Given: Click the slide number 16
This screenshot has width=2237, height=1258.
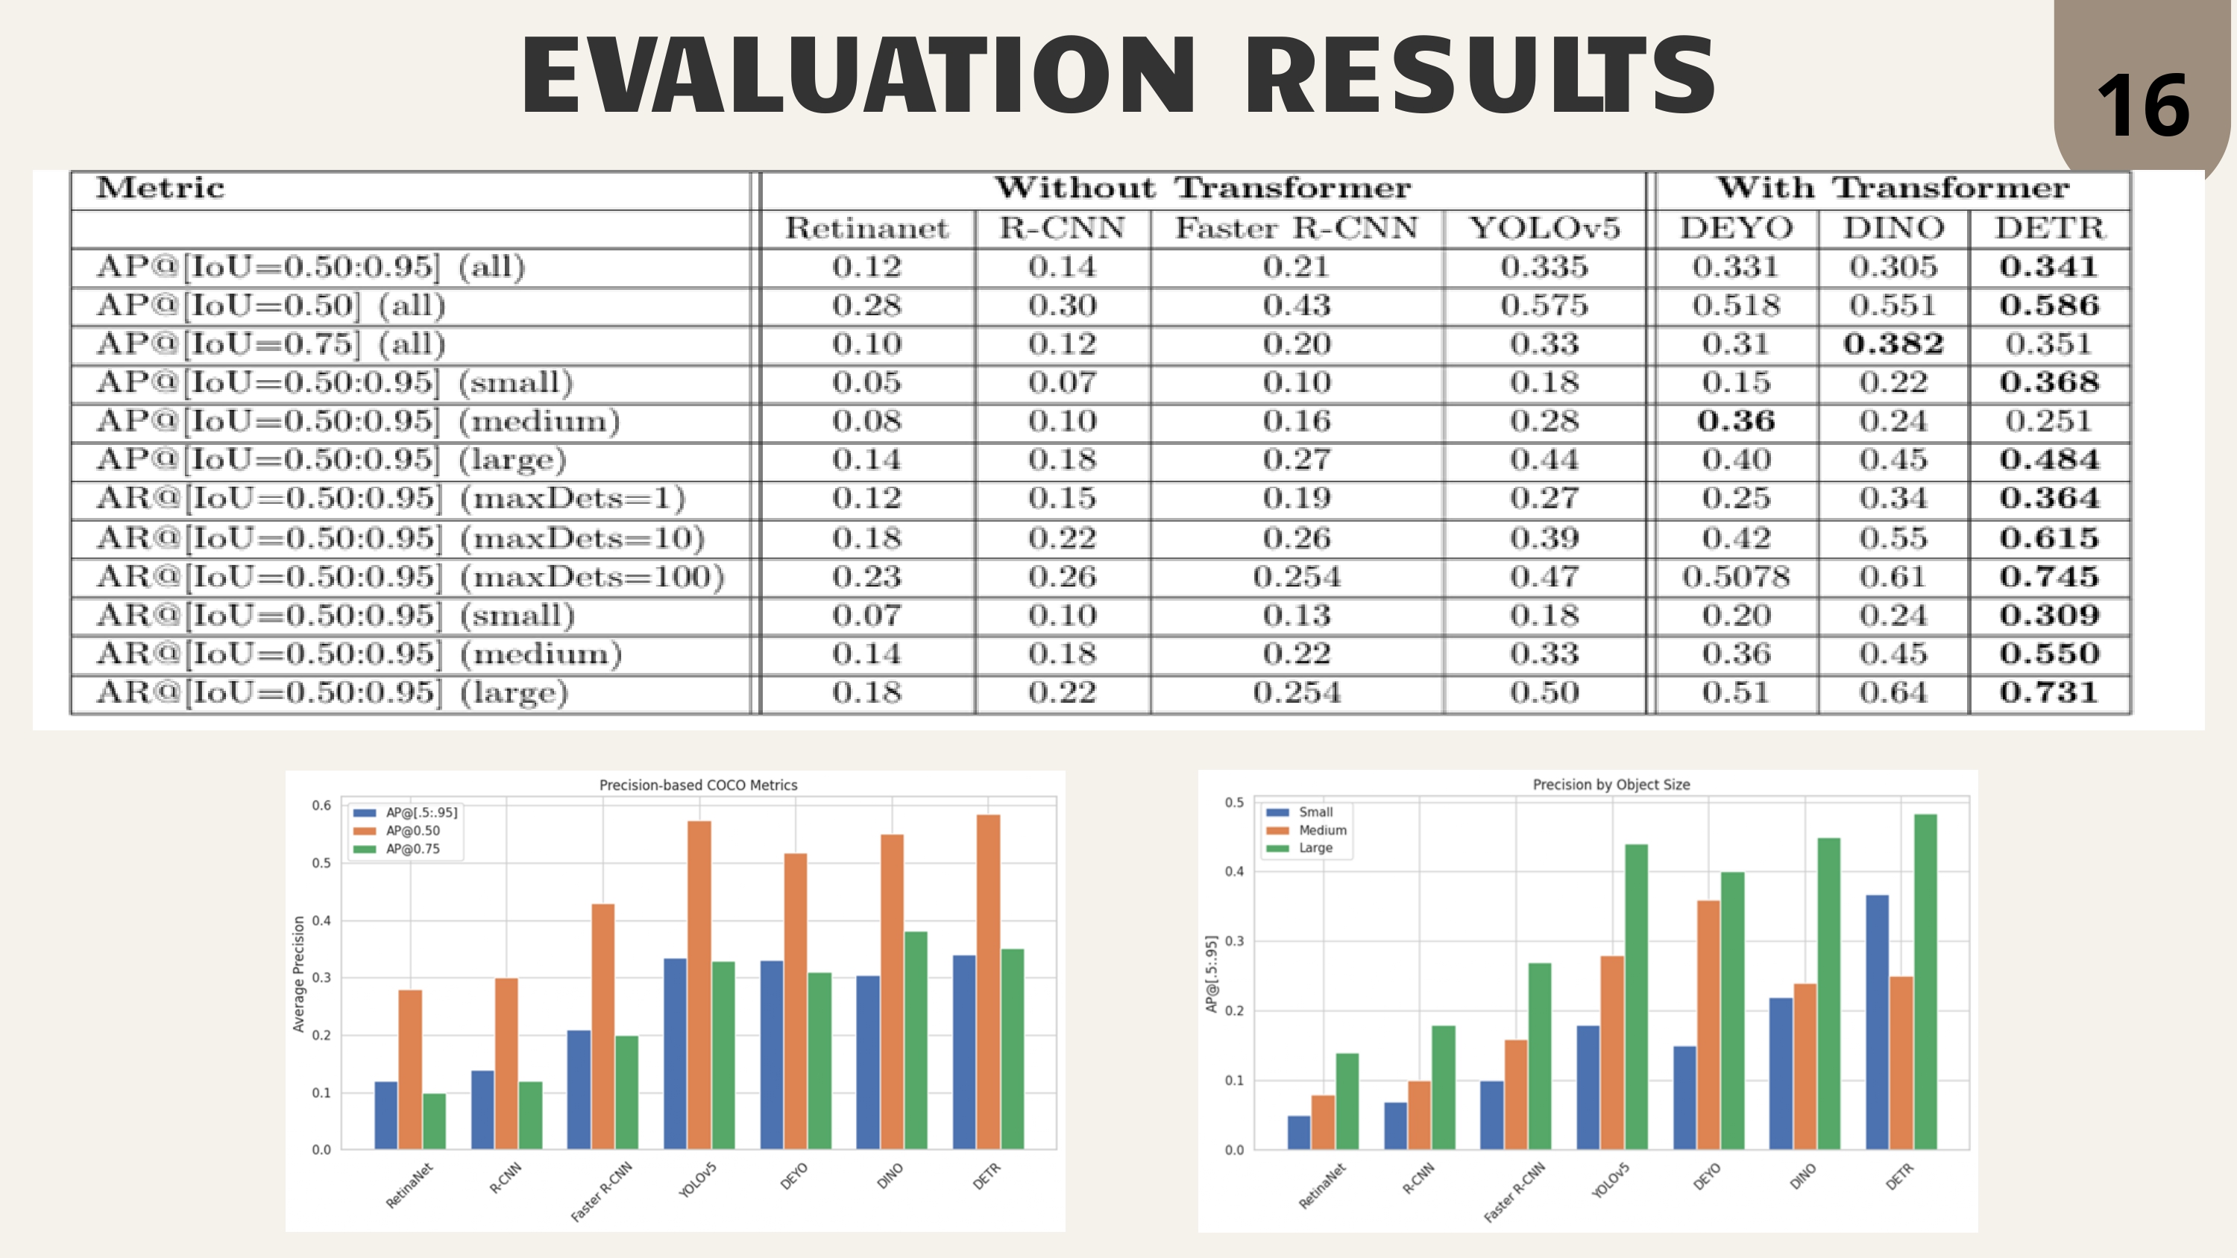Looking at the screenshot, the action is (2143, 106).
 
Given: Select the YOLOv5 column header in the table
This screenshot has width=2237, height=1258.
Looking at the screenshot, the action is (1544, 228).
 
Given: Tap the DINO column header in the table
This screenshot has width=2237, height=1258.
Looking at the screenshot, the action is (1893, 228).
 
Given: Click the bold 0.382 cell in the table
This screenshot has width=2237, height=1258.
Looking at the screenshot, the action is (1893, 344).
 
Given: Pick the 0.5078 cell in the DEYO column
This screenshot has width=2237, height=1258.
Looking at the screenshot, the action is (1736, 577).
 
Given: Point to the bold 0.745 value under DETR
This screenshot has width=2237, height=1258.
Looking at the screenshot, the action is (2049, 577).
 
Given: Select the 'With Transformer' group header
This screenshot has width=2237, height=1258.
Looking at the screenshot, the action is (1893, 188).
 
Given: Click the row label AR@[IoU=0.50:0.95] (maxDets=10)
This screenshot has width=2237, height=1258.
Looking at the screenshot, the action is (400, 538).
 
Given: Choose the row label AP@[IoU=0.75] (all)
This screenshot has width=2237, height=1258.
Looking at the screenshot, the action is (271, 344).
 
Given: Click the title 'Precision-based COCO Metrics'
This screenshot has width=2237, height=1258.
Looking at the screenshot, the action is (698, 785).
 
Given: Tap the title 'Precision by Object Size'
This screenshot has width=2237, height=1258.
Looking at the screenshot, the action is (1611, 785).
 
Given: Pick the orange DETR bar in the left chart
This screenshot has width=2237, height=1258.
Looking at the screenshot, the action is (988, 982).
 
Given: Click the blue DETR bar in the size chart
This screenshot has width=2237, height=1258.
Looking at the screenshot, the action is (1877, 1022).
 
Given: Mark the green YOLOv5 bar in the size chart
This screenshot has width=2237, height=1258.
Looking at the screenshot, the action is (1636, 996).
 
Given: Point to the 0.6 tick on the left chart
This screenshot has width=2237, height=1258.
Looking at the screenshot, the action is (321, 806).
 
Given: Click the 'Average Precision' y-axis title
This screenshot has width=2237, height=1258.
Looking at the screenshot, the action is (299, 974).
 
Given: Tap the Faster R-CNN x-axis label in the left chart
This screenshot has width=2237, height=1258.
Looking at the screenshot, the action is (602, 1191).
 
